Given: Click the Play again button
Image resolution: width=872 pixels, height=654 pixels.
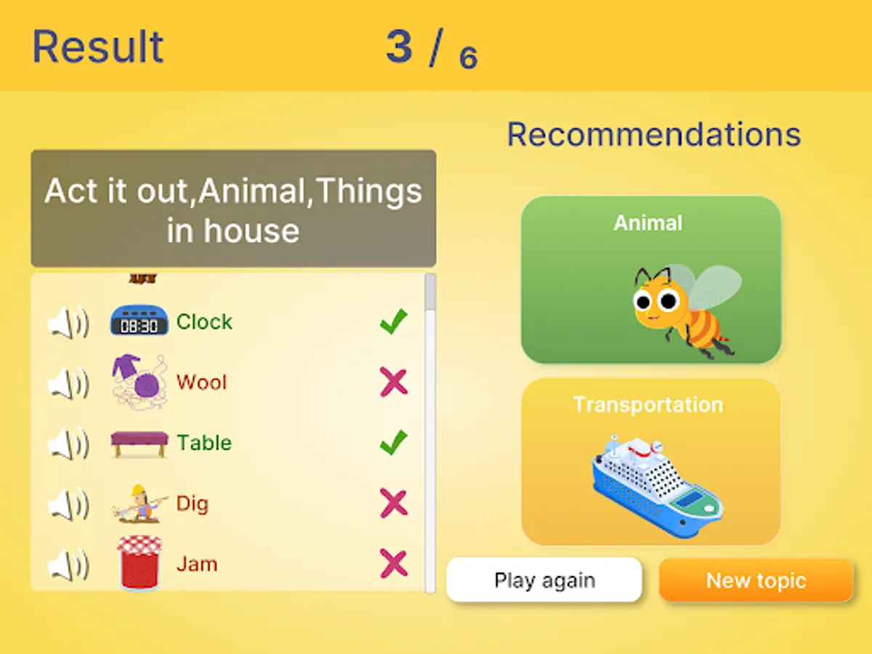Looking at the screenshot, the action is (544, 580).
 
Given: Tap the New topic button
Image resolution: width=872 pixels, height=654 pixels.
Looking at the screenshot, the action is (756, 580).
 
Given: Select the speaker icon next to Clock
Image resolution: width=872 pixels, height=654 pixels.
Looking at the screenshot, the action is (68, 322).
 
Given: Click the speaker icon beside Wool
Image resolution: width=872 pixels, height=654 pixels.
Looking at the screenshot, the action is (68, 383).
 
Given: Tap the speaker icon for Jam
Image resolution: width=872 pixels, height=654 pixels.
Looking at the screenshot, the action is (68, 565).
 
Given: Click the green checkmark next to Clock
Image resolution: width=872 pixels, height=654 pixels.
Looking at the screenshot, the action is (393, 321).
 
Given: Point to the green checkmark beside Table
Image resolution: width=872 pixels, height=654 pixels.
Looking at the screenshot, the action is (393, 442).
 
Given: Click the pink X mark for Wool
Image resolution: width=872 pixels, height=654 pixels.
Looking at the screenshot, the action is (394, 382).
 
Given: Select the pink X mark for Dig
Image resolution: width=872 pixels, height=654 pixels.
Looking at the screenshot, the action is (394, 503).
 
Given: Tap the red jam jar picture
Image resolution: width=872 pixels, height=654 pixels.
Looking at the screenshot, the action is (140, 563).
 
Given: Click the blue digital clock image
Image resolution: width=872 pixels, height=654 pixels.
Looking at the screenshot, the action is (139, 320).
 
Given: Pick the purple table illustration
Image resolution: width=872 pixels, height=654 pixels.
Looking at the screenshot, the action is (139, 444).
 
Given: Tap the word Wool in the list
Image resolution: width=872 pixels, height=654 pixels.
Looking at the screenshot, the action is (201, 382).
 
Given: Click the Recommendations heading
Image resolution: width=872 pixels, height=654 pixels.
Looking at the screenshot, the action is (654, 134).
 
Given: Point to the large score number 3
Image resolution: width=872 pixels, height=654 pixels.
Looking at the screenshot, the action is (399, 47).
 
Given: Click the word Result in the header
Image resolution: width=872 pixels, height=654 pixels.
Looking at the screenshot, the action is (97, 47).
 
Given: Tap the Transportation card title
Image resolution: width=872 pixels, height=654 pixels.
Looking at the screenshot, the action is (648, 405).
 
